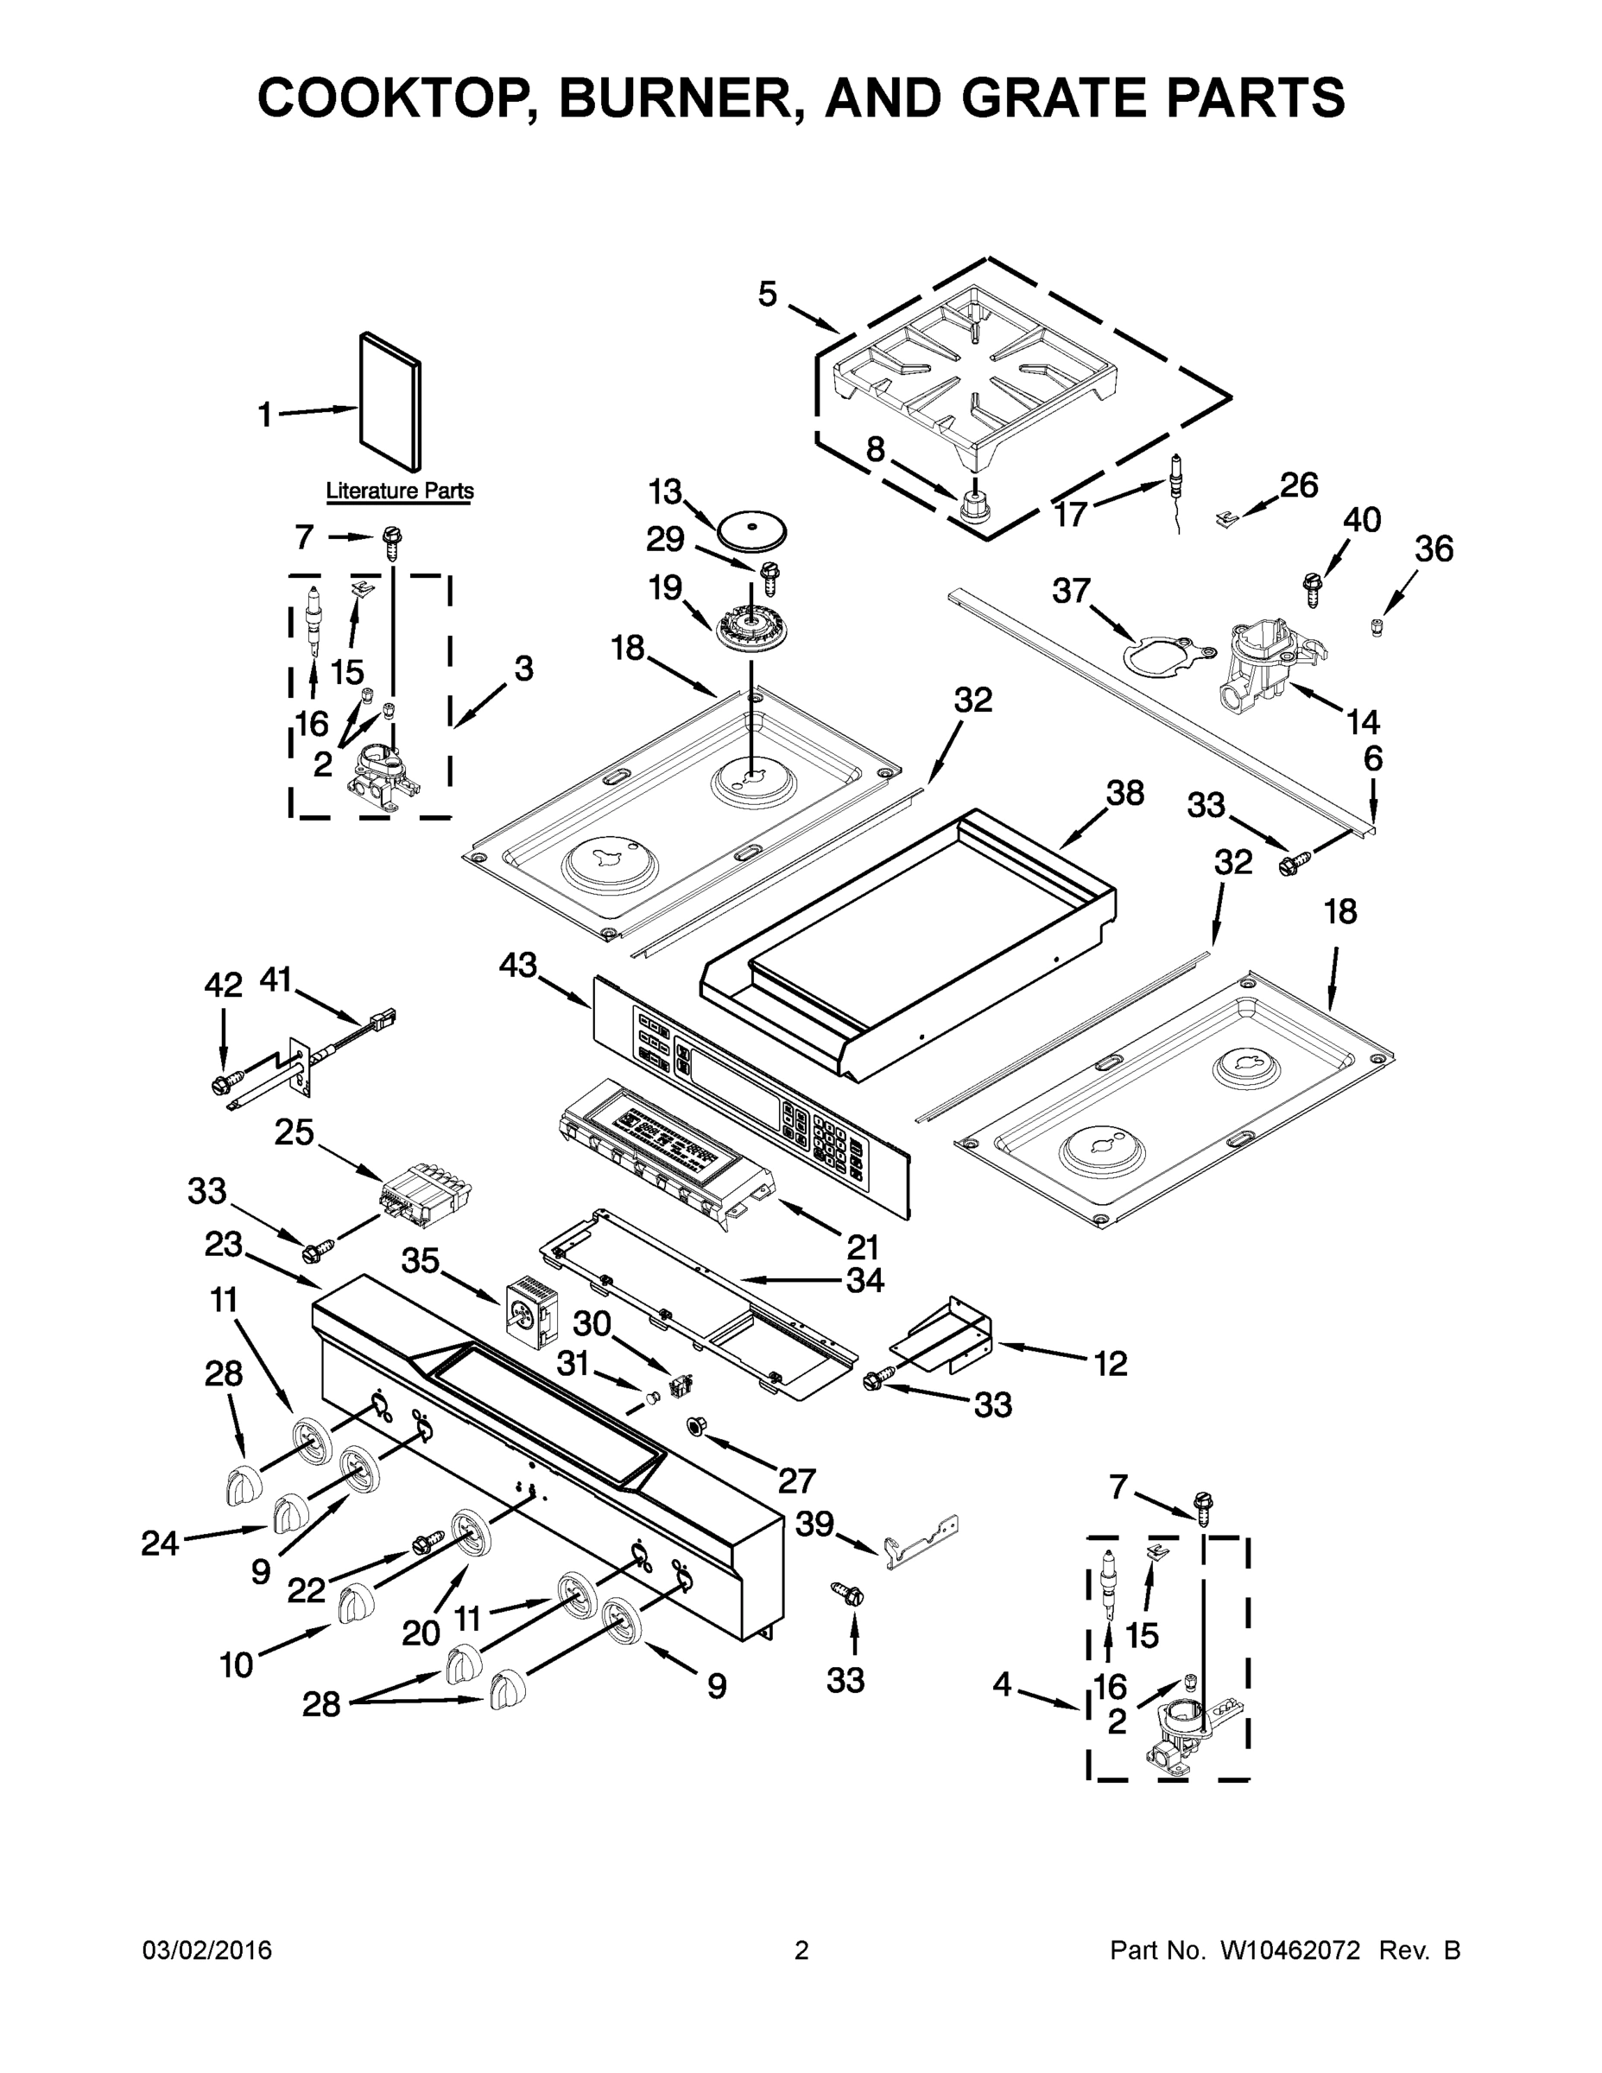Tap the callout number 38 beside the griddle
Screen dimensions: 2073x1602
click(1125, 793)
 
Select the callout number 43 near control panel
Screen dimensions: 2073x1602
click(518, 967)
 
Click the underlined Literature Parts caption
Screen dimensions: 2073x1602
click(400, 491)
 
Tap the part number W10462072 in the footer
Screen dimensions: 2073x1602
click(1289, 1950)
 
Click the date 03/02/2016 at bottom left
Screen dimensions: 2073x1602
click(207, 1950)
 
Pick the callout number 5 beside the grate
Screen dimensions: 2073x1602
click(768, 295)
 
